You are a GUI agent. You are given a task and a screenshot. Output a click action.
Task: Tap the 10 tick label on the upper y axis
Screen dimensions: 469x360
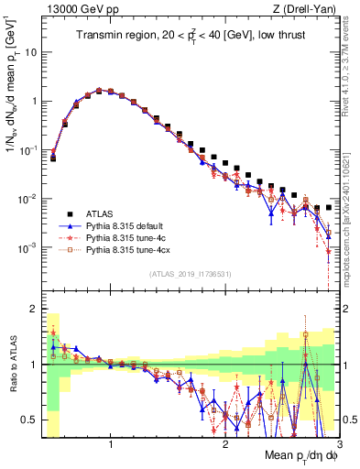click(30, 52)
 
